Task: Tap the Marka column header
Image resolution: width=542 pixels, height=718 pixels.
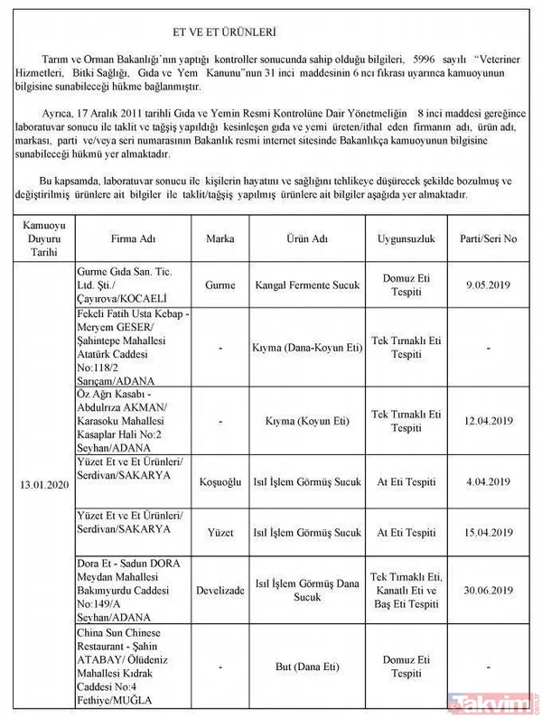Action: tap(220, 240)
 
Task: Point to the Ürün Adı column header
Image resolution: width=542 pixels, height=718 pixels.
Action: tap(306, 240)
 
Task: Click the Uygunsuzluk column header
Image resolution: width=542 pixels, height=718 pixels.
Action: tap(406, 240)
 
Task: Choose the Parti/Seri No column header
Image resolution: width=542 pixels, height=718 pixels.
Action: tap(488, 240)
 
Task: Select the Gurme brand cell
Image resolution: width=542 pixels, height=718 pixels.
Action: tap(220, 285)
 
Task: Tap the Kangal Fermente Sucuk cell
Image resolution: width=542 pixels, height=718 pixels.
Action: tap(306, 285)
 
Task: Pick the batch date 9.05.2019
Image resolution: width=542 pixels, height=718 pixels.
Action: tap(488, 285)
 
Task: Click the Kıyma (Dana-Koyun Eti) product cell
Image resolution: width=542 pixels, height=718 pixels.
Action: tap(306, 346)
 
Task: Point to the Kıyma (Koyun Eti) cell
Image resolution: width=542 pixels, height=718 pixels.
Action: tap(306, 421)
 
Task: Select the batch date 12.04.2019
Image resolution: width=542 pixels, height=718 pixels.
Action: tap(488, 421)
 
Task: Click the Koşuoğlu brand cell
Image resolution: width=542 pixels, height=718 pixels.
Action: tap(220, 482)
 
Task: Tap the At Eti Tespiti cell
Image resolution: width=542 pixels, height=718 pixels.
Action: tap(406, 482)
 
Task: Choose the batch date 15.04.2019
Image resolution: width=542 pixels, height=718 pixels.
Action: tap(488, 534)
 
